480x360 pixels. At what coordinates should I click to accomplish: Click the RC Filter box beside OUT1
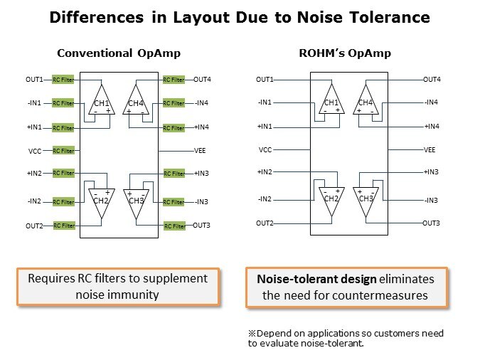tap(63, 80)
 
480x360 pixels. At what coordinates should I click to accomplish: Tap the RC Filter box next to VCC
tap(63, 151)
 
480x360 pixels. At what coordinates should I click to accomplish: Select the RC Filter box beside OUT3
tap(174, 226)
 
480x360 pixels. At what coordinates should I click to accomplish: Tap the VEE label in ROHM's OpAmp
tap(430, 150)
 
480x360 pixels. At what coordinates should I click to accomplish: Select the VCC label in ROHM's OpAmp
tap(265, 150)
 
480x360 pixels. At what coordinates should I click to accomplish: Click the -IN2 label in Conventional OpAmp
tap(35, 201)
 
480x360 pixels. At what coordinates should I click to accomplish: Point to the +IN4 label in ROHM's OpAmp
tap(432, 127)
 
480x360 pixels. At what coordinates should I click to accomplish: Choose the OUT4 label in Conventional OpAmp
tap(203, 79)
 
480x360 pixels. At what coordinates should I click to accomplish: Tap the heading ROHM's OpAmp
tap(345, 53)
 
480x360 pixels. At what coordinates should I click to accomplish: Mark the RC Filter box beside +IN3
tap(174, 174)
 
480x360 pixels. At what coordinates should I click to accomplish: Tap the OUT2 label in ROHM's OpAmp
tap(265, 223)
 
